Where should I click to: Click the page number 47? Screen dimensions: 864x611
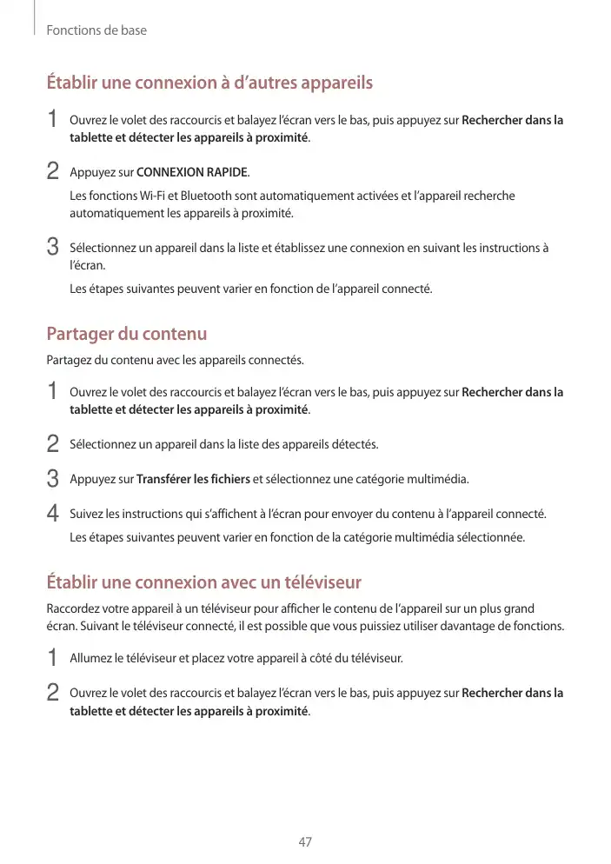pyautogui.click(x=304, y=841)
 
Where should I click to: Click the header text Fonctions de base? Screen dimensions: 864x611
pyautogui.click(x=96, y=30)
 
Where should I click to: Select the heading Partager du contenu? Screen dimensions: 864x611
pyautogui.click(x=126, y=334)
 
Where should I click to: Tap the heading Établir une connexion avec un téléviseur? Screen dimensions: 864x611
pyautogui.click(x=203, y=582)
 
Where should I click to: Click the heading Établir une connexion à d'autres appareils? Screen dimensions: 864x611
pyautogui.click(x=209, y=83)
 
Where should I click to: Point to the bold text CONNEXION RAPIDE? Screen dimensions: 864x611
pyautogui.click(x=192, y=171)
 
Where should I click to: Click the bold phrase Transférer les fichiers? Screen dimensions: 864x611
pyautogui.click(x=193, y=479)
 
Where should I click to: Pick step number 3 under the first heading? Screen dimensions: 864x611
pyautogui.click(x=53, y=248)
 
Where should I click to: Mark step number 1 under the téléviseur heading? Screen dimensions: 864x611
pyautogui.click(x=53, y=658)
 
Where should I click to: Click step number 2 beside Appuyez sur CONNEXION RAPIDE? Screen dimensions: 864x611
pyautogui.click(x=53, y=171)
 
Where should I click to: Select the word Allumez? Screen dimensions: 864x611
pyautogui.click(x=91, y=658)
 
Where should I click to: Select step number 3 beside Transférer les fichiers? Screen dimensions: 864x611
pyautogui.click(x=53, y=479)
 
